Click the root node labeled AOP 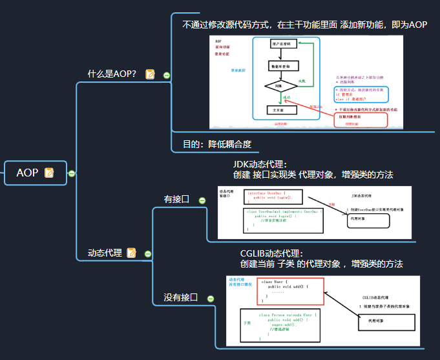27,173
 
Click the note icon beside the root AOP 49,173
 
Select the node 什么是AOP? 112,74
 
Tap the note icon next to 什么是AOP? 151,74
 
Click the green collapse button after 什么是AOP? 167,75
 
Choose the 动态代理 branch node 105,253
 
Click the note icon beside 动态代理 132,253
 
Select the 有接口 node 176,199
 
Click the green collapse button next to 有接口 202,200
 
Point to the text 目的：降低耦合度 217,144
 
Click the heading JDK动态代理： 260,164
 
